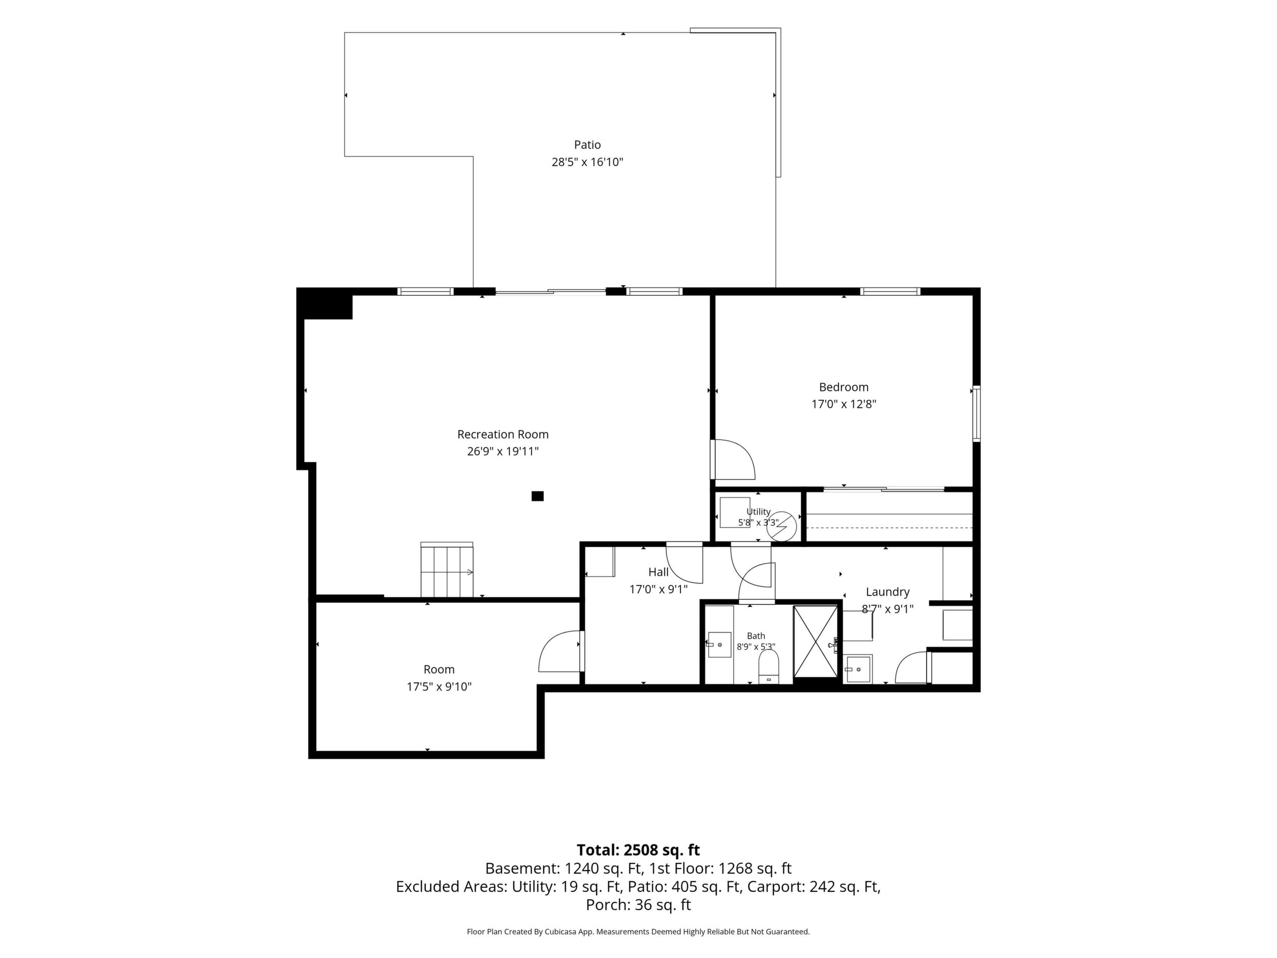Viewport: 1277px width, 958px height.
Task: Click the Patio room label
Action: (x=587, y=145)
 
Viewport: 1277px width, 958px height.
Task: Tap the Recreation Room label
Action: (x=503, y=434)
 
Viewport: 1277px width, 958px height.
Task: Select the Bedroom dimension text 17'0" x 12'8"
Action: (x=844, y=404)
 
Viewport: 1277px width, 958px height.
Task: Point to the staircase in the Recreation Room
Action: (x=447, y=570)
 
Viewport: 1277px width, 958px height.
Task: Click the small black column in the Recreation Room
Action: (x=538, y=496)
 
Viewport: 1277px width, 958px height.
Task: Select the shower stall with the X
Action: (x=816, y=641)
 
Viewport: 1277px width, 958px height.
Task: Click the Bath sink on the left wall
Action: (x=719, y=644)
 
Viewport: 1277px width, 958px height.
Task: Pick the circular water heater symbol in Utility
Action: (x=785, y=525)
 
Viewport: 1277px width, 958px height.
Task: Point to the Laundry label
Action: (x=887, y=592)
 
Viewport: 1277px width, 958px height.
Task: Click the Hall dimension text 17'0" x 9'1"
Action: (x=658, y=590)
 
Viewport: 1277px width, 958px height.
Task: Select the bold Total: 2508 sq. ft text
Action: (x=638, y=850)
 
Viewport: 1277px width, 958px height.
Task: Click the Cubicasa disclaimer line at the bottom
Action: (x=638, y=931)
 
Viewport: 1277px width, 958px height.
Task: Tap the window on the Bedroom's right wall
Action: (x=976, y=413)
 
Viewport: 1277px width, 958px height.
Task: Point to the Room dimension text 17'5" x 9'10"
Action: (x=439, y=687)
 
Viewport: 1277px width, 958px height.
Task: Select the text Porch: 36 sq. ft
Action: (x=638, y=905)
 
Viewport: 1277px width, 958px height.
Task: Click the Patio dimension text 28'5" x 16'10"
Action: (x=587, y=162)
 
